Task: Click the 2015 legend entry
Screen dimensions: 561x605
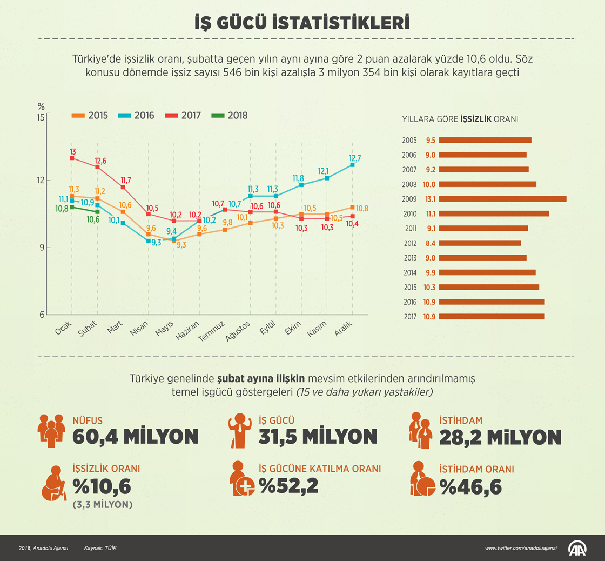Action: pyautogui.click(x=91, y=115)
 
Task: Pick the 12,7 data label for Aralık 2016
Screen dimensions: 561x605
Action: pyautogui.click(x=355, y=158)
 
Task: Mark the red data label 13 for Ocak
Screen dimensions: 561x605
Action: pyautogui.click(x=72, y=151)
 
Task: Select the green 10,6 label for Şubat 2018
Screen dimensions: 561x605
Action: pyautogui.click(x=94, y=219)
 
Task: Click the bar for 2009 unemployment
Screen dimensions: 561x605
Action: pyautogui.click(x=502, y=199)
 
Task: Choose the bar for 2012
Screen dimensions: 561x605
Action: pyautogui.click(x=480, y=243)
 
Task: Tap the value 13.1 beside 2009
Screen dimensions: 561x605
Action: pyautogui.click(x=431, y=199)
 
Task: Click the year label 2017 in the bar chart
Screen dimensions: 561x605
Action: pyautogui.click(x=409, y=317)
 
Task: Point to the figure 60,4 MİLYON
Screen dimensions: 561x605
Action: pyautogui.click(x=136, y=437)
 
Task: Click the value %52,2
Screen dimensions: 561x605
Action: pyautogui.click(x=288, y=486)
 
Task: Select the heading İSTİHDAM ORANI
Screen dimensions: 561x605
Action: pyautogui.click(x=476, y=470)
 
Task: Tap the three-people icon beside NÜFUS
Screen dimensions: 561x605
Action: pyautogui.click(x=52, y=430)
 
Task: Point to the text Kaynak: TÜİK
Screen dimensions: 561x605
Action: pyautogui.click(x=100, y=548)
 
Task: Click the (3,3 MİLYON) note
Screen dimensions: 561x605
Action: pyautogui.click(x=103, y=505)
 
